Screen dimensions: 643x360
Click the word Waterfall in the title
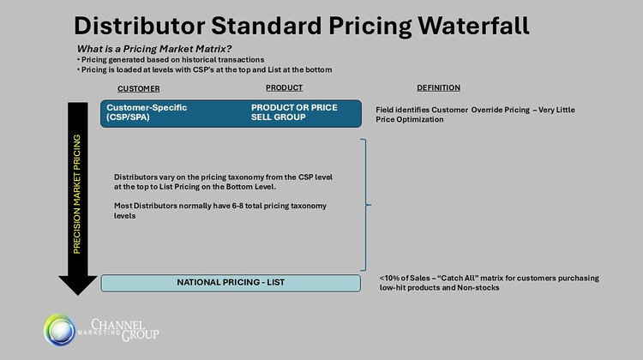(x=473, y=26)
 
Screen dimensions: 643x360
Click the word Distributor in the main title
(x=139, y=26)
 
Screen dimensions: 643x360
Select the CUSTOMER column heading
(x=139, y=88)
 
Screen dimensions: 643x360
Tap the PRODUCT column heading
(x=284, y=87)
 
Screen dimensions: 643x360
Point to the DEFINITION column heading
(x=438, y=87)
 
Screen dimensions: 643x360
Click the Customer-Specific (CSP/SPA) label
(x=147, y=112)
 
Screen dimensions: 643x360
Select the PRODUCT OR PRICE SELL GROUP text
(x=294, y=112)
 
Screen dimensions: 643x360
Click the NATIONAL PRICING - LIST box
(x=231, y=283)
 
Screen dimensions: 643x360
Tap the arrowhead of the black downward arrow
(x=77, y=285)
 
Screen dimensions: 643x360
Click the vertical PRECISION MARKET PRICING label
(x=76, y=194)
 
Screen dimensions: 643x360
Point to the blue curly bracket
(x=366, y=205)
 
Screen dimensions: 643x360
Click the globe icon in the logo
(x=60, y=330)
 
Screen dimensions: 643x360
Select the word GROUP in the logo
(x=141, y=335)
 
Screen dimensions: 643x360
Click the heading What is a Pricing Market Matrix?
(x=154, y=49)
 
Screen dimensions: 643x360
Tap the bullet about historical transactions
(x=171, y=60)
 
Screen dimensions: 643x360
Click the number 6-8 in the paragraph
(x=237, y=206)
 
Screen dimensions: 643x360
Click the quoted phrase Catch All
(x=458, y=278)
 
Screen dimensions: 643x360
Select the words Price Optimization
(x=410, y=120)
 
